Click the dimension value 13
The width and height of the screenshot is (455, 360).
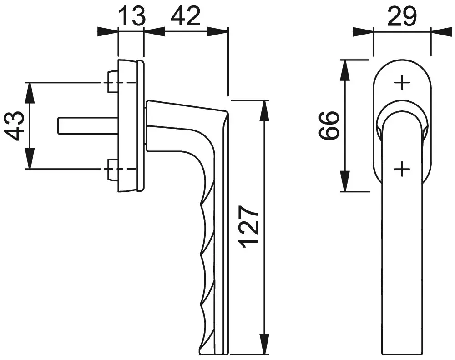tap(132, 16)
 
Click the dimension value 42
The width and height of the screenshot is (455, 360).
tap(186, 16)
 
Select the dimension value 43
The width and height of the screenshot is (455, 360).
tap(14, 125)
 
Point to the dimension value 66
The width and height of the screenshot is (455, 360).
tap(329, 125)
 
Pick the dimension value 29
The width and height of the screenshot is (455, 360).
tap(402, 16)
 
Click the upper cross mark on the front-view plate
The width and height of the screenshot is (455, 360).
tap(402, 83)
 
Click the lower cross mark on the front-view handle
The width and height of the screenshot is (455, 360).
tap(402, 168)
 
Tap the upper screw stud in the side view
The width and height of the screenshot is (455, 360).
tap(112, 82)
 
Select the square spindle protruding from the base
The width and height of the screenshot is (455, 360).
tap(88, 126)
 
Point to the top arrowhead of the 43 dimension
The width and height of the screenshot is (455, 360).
tap(29, 93)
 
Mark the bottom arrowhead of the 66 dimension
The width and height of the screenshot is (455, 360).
tap(345, 181)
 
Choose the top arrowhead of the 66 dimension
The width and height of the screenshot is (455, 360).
tap(345, 70)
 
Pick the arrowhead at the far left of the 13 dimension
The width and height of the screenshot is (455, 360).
tap(108, 32)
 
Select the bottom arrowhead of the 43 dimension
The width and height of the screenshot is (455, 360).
tap(29, 158)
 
